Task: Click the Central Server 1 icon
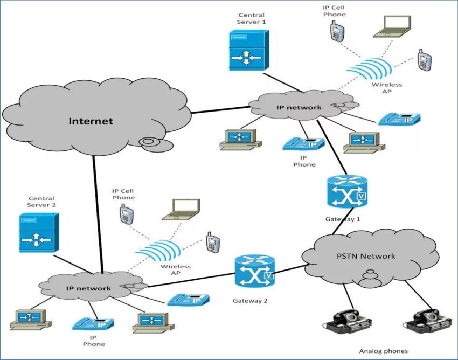(x=246, y=50)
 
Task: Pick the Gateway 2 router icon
(x=254, y=272)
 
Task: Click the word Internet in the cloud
(x=91, y=121)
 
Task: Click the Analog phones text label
(x=383, y=351)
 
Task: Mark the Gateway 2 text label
(x=250, y=300)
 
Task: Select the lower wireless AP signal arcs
(x=157, y=250)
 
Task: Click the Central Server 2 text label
(x=41, y=202)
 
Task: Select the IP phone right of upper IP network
(x=399, y=119)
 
